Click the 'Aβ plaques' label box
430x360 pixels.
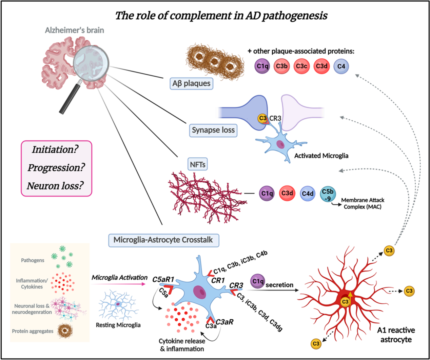click(191, 83)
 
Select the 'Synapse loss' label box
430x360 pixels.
click(213, 130)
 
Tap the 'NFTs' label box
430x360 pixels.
click(197, 165)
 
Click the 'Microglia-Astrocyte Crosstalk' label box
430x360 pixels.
click(163, 240)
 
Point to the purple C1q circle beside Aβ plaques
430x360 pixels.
click(262, 66)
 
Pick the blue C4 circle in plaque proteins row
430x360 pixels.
click(341, 66)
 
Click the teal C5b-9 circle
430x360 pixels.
click(328, 194)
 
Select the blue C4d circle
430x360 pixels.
click(308, 194)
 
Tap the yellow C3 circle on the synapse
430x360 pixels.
click(262, 118)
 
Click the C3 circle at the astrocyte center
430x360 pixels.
click(345, 301)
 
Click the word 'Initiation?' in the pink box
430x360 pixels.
click(55, 149)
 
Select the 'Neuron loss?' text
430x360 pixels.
click(55, 186)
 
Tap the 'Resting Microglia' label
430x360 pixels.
click(118, 325)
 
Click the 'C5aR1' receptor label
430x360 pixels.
click(163, 279)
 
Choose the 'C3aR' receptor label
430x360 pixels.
click(224, 322)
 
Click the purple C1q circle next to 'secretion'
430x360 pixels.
click(258, 281)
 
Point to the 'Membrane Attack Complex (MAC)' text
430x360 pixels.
click(363, 203)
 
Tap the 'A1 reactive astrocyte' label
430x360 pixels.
click(396, 335)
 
